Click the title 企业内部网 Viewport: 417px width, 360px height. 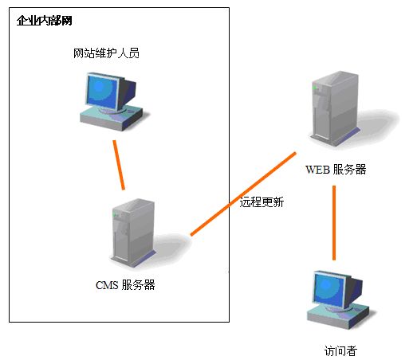point(44,21)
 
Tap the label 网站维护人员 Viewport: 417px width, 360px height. point(106,53)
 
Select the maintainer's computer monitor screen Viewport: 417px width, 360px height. point(102,92)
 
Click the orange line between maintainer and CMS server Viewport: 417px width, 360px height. point(119,165)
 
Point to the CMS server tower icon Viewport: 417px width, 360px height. point(134,233)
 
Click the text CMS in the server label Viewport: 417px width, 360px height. point(107,285)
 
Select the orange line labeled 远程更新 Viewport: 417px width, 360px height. point(243,194)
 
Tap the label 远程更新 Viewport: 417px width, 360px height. point(262,202)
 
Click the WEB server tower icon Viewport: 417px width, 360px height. point(335,108)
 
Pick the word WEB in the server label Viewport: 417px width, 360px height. point(318,170)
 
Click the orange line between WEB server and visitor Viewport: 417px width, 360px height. point(334,223)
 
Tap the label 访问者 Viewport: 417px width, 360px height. point(340,351)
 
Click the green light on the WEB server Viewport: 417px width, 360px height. point(315,88)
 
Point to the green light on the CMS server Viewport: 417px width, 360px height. point(115,214)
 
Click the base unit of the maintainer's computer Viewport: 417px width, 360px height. point(112,118)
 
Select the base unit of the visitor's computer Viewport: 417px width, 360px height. point(339,317)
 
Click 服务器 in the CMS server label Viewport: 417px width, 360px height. point(138,285)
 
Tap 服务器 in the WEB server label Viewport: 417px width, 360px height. point(350,170)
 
